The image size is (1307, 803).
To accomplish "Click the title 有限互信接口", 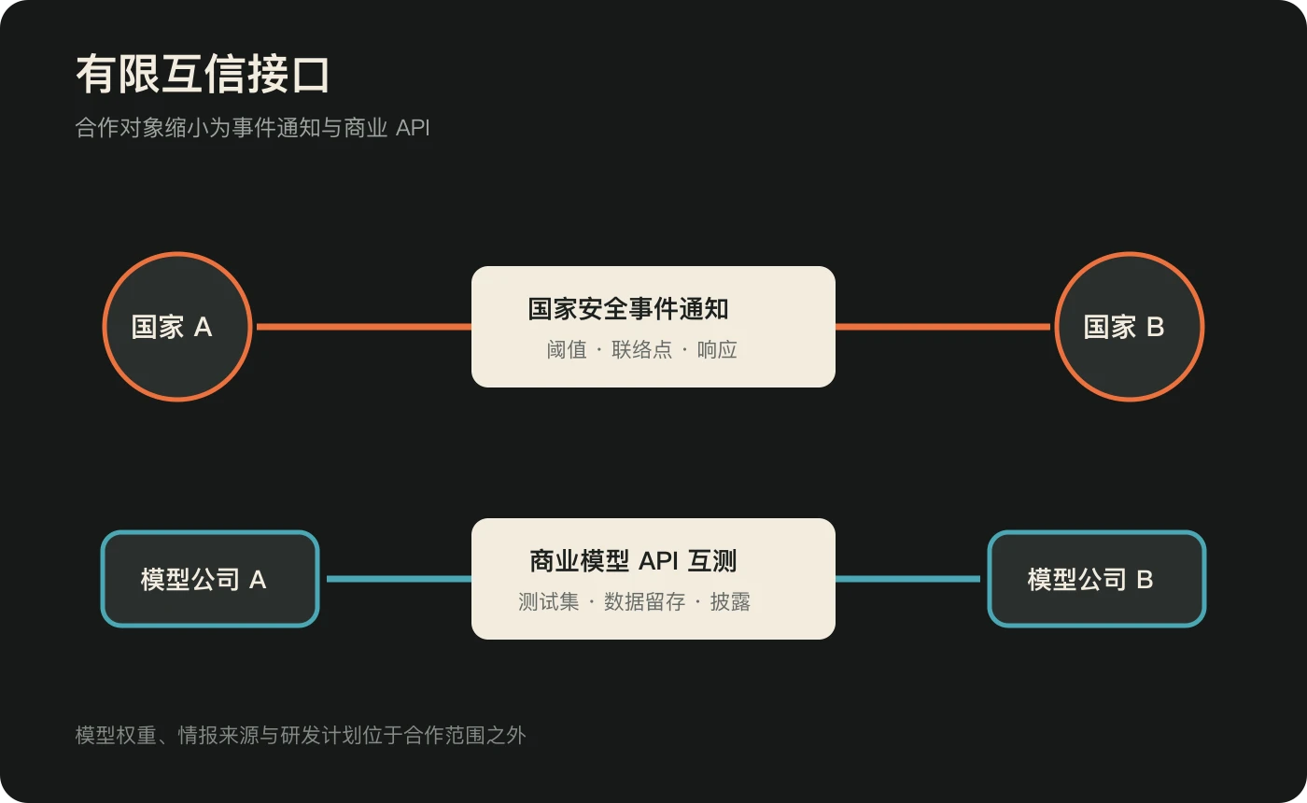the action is coord(203,74).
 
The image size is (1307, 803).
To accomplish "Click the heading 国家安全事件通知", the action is coord(628,309).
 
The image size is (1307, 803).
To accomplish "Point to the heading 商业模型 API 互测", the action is coord(633,561).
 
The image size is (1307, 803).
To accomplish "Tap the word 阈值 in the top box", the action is coord(567,349).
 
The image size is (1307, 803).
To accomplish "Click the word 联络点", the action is coord(642,349).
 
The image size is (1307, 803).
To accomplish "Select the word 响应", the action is coord(717,349).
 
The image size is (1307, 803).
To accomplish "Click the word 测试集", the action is coord(549,601).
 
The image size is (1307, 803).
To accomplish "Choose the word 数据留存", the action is coord(645,601).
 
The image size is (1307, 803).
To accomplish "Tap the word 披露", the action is coord(730,601).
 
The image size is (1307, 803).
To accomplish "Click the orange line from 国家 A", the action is coord(364,327).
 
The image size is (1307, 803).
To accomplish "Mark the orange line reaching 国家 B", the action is coord(943,327).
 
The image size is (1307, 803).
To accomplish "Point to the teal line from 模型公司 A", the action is coord(400,579).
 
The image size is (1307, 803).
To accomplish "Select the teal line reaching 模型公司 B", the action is coord(907,579).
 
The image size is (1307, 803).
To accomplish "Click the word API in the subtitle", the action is coord(413,128).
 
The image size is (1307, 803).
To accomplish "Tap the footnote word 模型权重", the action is coord(116,736).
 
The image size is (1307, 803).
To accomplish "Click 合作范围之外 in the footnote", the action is coord(465,736).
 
